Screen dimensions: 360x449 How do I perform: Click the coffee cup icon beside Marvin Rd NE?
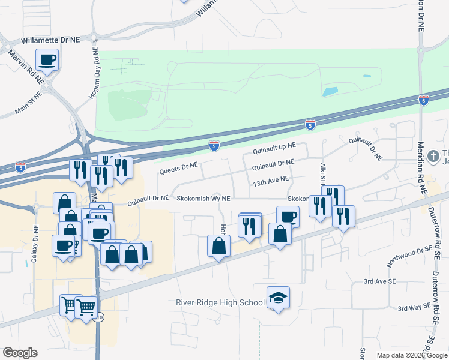click(47, 60)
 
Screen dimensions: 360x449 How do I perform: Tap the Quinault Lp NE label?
click(274, 146)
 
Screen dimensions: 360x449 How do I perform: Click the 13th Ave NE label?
click(271, 179)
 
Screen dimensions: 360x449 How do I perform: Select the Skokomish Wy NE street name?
click(203, 198)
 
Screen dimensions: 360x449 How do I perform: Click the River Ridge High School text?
click(220, 302)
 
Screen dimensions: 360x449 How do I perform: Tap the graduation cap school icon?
click(278, 298)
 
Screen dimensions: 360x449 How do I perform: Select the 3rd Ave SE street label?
click(379, 281)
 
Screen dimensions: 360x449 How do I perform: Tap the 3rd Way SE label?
click(414, 307)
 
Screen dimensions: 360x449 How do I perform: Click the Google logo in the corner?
click(20, 353)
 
